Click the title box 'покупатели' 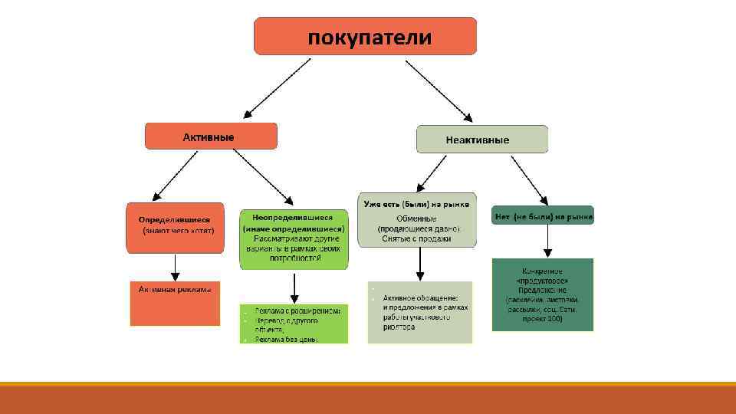tap(365, 36)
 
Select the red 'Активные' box tap(211, 136)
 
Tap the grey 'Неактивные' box tap(481, 140)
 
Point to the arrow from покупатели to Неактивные tap(439, 90)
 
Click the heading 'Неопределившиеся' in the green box tap(293, 218)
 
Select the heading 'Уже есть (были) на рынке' tap(417, 202)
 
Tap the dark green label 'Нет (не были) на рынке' tap(543, 217)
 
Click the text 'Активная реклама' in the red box tap(175, 289)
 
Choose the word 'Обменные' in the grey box tap(416, 218)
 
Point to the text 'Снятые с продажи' tap(416, 238)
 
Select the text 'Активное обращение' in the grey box tap(421, 297)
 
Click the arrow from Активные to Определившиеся tap(178, 176)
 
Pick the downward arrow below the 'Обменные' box tap(419, 264)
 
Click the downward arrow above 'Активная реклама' tap(175, 267)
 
